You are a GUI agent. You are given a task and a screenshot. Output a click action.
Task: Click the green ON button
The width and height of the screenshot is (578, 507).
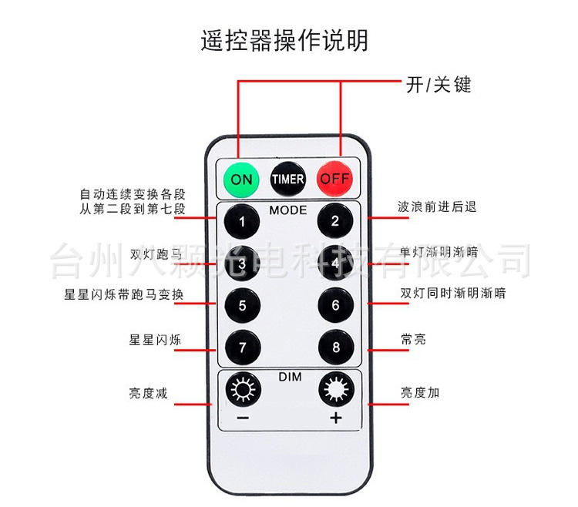pyautogui.click(x=241, y=179)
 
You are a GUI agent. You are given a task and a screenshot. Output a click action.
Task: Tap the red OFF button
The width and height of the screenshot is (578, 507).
pyautogui.click(x=335, y=179)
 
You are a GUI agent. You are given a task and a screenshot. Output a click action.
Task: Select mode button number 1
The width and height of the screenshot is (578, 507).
pyautogui.click(x=242, y=223)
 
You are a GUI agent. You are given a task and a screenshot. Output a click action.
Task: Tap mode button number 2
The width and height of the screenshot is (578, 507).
pyautogui.click(x=335, y=222)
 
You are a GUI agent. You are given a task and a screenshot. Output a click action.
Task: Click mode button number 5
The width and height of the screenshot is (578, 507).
pyautogui.click(x=242, y=305)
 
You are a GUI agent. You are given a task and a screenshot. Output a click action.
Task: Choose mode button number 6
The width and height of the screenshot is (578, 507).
pyautogui.click(x=335, y=305)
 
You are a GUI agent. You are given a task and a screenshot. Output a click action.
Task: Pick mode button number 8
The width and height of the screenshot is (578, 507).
pyautogui.click(x=335, y=347)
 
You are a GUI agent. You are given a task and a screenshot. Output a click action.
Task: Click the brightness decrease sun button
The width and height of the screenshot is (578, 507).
pyautogui.click(x=242, y=391)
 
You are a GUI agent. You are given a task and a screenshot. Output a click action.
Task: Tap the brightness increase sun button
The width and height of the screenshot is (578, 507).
pyautogui.click(x=335, y=391)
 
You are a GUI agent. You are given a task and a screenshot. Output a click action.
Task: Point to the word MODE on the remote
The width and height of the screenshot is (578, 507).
pyautogui.click(x=288, y=210)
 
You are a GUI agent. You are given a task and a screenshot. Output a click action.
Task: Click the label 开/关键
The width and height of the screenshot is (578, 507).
pyautogui.click(x=438, y=85)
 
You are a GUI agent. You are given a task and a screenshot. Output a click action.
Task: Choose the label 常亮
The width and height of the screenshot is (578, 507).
pyautogui.click(x=413, y=339)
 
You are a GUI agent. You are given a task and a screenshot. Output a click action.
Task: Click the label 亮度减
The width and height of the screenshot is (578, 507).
pyautogui.click(x=148, y=393)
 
